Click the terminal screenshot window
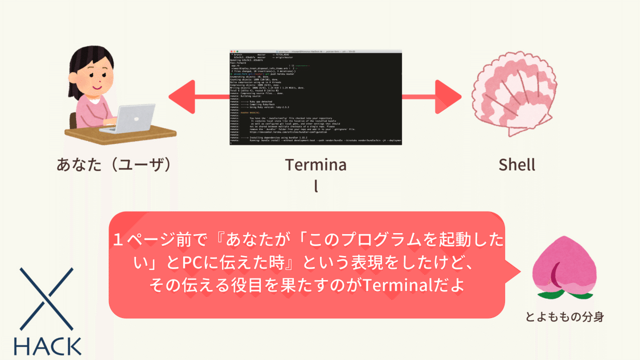316,98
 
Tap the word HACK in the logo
47,346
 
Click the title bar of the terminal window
316,51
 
